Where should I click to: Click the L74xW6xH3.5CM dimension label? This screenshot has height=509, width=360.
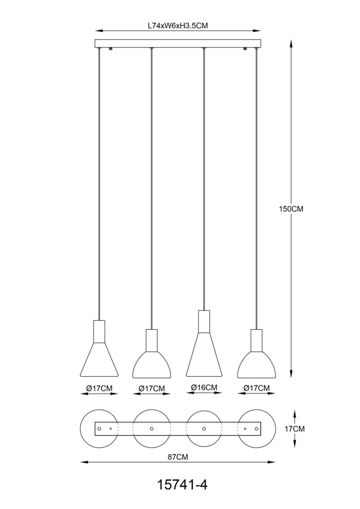177,26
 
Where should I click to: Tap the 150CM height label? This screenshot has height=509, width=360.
291,209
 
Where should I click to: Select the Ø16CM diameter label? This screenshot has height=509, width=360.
204,387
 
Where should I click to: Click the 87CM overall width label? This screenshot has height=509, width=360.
178,457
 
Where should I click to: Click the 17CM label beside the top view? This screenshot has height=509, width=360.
295,429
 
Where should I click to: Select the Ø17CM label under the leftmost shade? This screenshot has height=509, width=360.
99,389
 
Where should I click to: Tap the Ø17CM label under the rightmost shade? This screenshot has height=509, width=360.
256,388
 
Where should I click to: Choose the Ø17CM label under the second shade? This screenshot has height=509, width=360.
152,389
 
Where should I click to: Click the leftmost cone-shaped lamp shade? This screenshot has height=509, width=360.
99,360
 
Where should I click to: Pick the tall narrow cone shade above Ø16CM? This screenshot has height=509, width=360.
204,355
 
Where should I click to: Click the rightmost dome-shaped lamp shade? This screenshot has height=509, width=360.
256,365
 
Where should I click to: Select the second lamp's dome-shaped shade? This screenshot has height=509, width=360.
152,365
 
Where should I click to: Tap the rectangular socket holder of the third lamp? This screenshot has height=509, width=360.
204,322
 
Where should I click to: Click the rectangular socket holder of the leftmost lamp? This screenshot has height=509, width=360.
99,332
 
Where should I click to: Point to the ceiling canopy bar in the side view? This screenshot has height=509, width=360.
177,44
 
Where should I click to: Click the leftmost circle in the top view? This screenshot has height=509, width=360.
99,428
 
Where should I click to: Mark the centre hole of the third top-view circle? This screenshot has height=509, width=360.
204,428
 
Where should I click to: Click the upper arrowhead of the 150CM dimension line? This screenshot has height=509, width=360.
291,44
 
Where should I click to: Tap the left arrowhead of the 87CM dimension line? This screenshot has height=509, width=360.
84,462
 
